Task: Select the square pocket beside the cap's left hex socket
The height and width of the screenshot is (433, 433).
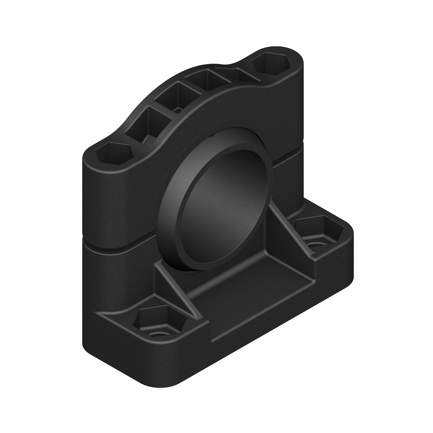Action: point(151,124)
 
